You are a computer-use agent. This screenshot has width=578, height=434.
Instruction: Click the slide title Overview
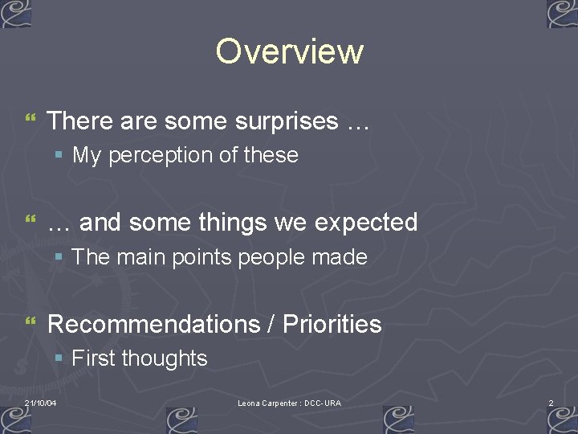click(x=289, y=51)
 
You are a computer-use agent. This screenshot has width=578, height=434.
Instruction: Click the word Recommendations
click(x=153, y=324)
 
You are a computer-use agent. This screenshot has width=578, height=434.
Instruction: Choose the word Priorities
click(x=332, y=324)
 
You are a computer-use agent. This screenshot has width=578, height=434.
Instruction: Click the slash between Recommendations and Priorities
click(x=270, y=324)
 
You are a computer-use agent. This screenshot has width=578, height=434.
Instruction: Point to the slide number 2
click(x=551, y=403)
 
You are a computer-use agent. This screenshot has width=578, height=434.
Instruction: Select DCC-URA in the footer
click(x=323, y=403)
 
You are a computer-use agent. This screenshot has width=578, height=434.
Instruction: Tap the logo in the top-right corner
click(x=562, y=14)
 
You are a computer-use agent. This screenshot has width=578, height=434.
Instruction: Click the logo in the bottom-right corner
click(x=562, y=420)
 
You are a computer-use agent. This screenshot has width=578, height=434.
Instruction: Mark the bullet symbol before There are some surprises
click(x=31, y=121)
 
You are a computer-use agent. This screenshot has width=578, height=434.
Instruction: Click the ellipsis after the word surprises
click(x=357, y=123)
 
